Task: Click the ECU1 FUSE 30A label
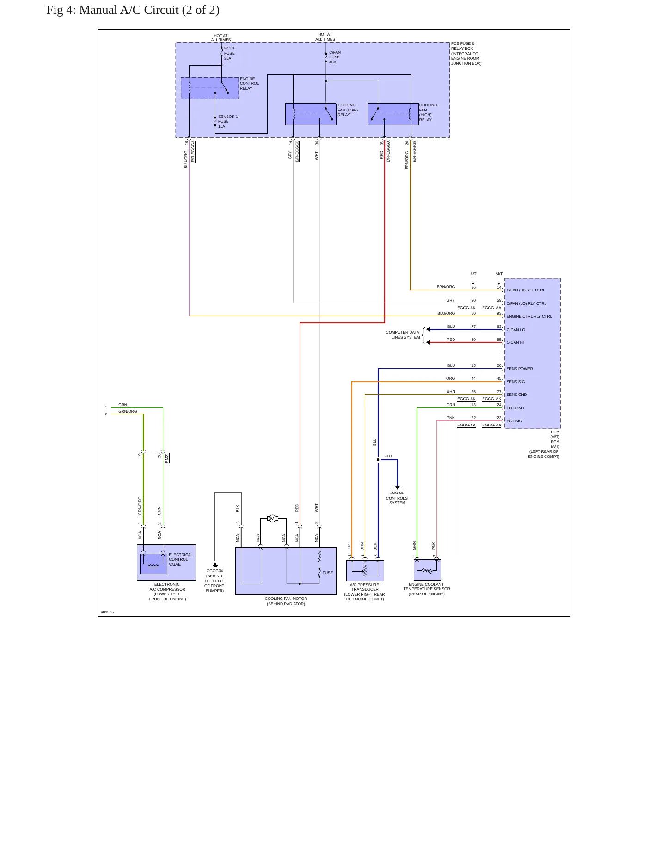(x=229, y=53)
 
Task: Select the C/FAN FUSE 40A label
(x=335, y=57)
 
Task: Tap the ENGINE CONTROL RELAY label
(x=249, y=83)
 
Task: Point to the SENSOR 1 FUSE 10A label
(x=228, y=121)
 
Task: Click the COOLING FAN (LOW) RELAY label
(x=348, y=110)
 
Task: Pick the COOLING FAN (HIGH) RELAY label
(x=428, y=112)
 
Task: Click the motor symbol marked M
(x=273, y=519)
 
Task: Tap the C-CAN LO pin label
(x=515, y=330)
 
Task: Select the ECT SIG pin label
(x=514, y=421)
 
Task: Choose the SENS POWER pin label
(x=520, y=369)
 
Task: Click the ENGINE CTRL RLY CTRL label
(x=529, y=316)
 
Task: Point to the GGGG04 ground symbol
(x=215, y=565)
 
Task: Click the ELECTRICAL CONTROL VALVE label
(x=181, y=559)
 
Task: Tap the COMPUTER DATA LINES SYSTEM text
(x=403, y=334)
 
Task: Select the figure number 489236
(x=107, y=612)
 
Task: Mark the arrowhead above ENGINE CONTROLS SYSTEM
(x=398, y=488)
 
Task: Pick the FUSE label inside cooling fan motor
(x=328, y=573)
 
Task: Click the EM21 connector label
(x=167, y=458)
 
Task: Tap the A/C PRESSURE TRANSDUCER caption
(x=365, y=587)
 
